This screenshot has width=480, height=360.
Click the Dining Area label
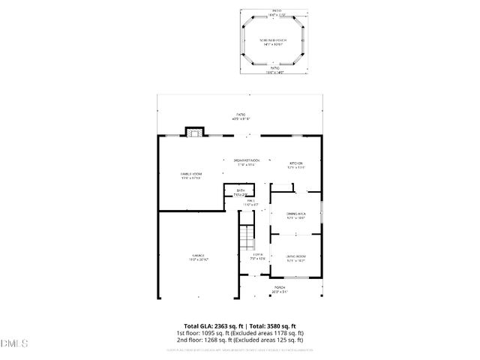click(296, 216)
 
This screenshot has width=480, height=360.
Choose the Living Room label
click(296, 258)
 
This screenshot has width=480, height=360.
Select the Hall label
click(252, 202)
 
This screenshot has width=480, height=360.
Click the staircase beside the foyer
click(246, 238)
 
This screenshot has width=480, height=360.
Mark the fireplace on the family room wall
click(195, 132)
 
